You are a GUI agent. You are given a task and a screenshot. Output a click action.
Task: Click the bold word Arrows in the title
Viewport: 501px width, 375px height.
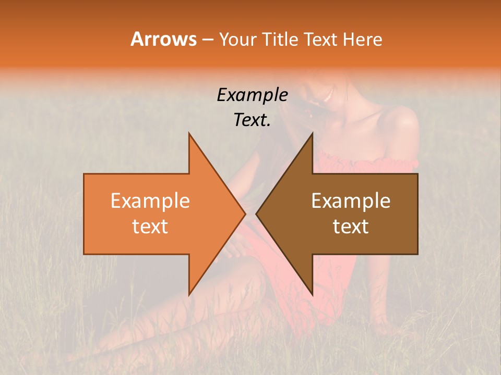163,39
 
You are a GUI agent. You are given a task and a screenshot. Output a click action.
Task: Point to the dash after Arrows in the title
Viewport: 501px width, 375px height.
207,40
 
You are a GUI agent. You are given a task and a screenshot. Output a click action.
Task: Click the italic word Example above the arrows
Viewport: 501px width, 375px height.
253,95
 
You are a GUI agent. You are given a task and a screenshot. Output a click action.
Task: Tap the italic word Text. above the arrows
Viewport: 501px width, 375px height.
253,120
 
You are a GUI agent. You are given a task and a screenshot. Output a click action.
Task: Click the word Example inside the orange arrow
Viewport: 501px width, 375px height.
150,201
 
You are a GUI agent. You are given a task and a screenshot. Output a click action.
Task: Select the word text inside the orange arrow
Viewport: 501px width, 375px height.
150,227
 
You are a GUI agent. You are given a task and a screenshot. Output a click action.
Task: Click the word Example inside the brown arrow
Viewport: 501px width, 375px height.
351,201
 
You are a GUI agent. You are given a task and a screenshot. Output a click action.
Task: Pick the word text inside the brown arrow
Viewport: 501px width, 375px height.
351,227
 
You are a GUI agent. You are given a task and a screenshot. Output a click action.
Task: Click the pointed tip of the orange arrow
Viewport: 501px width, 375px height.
245,214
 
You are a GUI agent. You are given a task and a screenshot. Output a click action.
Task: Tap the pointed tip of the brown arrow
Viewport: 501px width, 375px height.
256,214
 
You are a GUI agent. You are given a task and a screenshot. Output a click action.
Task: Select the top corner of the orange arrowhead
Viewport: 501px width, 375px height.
189,133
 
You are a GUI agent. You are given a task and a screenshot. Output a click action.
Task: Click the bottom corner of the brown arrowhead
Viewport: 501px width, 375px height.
312,294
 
